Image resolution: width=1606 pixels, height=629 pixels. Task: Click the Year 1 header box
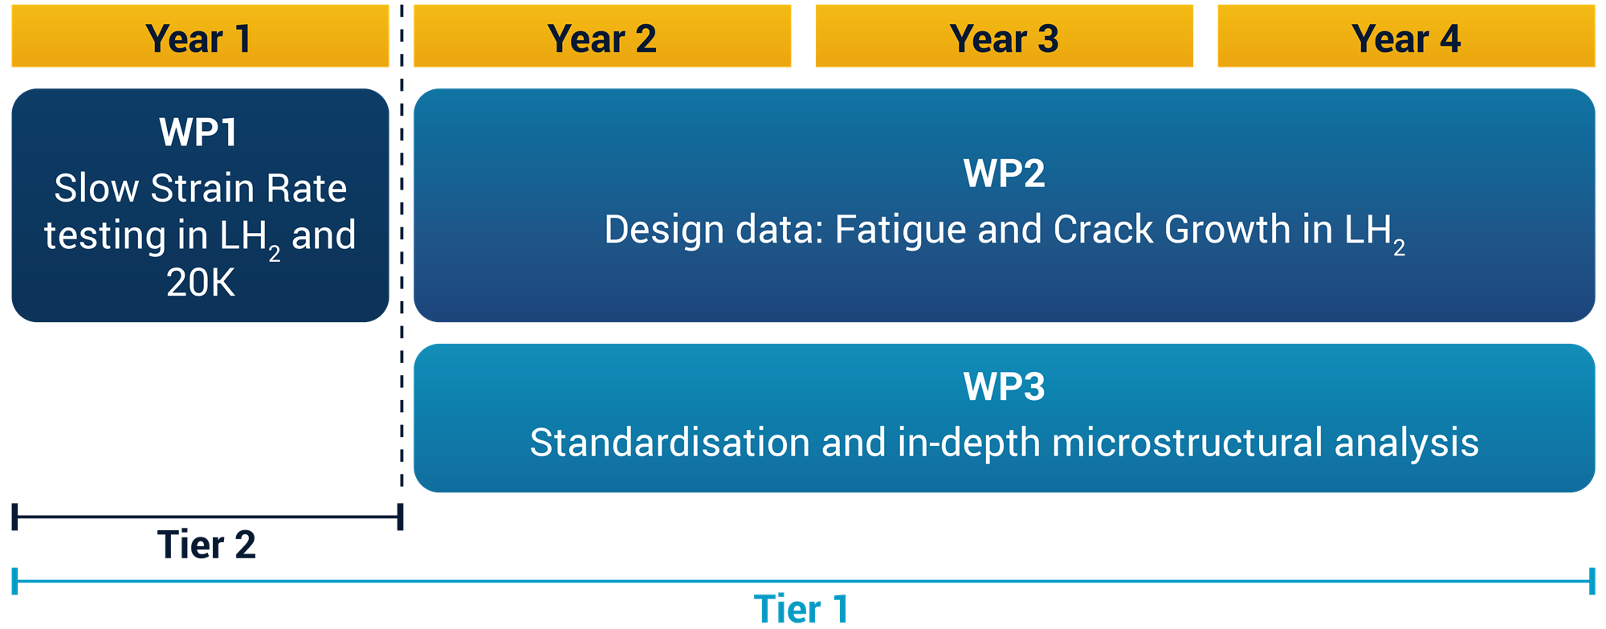tap(200, 36)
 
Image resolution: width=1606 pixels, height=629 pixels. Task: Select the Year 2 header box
tap(602, 36)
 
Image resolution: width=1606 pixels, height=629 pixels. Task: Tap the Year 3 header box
tap(1005, 36)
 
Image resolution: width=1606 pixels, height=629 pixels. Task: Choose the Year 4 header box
tap(1406, 36)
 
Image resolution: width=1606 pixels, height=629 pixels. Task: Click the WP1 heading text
tap(198, 133)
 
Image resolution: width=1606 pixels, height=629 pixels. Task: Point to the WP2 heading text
tap(1005, 174)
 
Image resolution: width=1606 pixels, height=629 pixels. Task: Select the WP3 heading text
tap(1005, 386)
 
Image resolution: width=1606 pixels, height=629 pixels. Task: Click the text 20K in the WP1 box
tap(201, 283)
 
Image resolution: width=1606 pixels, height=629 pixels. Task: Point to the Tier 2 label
tap(206, 545)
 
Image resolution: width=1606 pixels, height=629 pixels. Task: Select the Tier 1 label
tap(801, 609)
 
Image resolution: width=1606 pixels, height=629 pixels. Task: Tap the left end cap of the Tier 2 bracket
tap(14, 517)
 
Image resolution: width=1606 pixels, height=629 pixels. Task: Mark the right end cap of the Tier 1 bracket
tap(1592, 581)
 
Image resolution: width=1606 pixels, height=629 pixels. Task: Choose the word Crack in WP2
tap(1103, 230)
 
